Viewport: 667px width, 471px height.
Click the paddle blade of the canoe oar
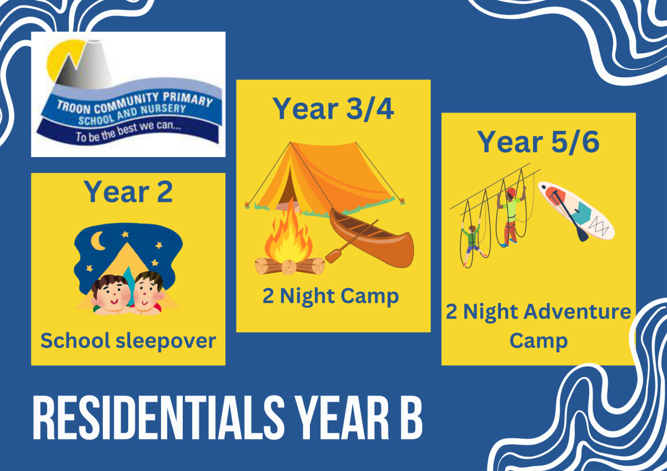333,256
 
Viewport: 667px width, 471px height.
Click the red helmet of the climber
511,191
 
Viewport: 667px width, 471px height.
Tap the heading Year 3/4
333,109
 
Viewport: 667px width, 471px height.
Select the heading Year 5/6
538,142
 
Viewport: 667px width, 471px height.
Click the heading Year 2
128,192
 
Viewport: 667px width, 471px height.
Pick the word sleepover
166,341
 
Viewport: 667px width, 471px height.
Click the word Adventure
578,312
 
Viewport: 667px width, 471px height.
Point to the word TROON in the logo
73,107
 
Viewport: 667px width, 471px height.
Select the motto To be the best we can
128,131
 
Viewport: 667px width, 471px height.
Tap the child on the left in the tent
111,295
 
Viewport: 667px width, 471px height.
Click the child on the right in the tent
148,293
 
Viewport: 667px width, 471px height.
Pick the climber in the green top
472,241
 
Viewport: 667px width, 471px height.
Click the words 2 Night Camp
330,296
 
